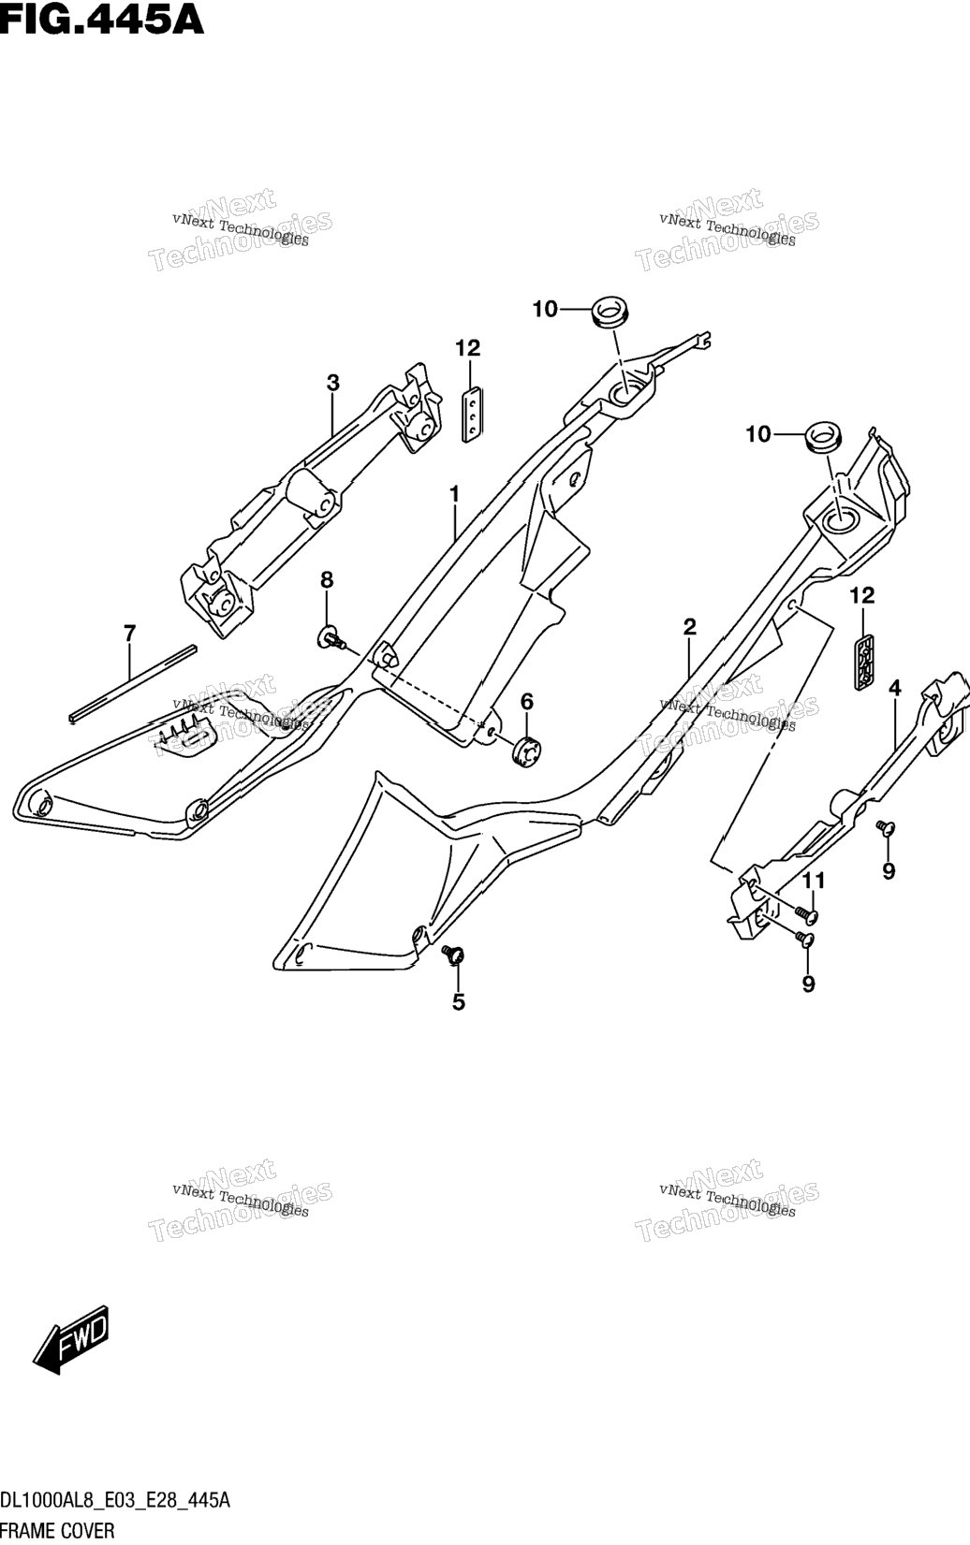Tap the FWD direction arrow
(71, 1338)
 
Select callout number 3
(333, 383)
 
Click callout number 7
(130, 633)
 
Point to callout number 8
(327, 580)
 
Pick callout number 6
(527, 702)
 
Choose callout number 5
(459, 1002)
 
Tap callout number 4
(895, 688)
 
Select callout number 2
(690, 627)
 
